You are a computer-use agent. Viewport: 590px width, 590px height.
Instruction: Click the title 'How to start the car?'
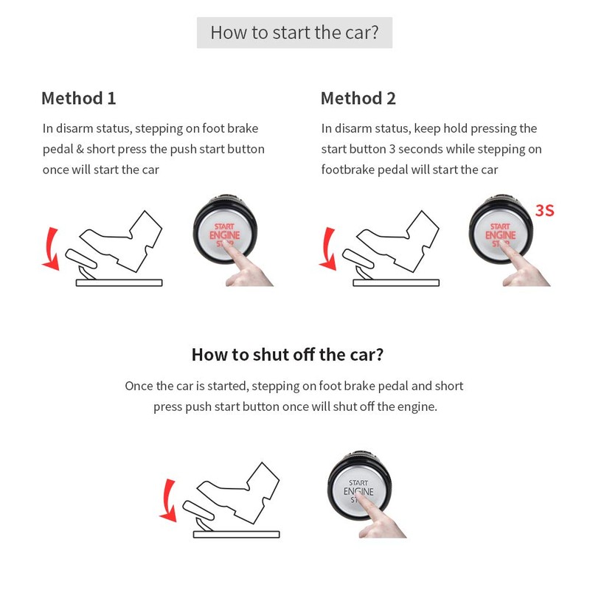[294, 33]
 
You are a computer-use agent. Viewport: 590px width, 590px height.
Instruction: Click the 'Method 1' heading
[78, 98]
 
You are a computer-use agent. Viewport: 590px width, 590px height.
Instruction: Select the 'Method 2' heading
[358, 98]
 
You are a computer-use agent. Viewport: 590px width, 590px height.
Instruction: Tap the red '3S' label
[544, 211]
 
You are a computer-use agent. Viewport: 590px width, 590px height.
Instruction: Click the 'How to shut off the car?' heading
[287, 354]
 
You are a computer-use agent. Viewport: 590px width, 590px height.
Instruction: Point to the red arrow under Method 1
[51, 249]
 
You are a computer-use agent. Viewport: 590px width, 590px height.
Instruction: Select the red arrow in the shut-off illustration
[170, 499]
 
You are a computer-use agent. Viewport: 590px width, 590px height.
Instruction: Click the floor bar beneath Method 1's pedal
[119, 282]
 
